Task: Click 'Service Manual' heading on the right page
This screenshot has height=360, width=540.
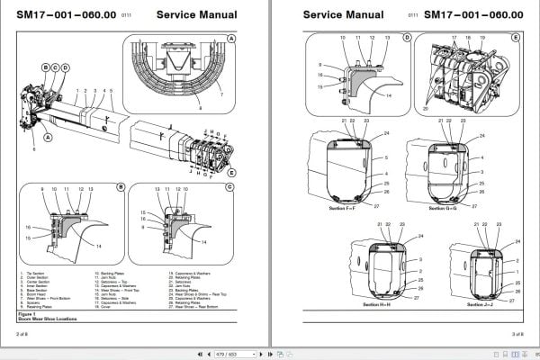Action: [x=341, y=15]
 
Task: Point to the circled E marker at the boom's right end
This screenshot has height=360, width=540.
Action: [x=232, y=171]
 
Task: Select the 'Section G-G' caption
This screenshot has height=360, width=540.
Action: [x=445, y=208]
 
